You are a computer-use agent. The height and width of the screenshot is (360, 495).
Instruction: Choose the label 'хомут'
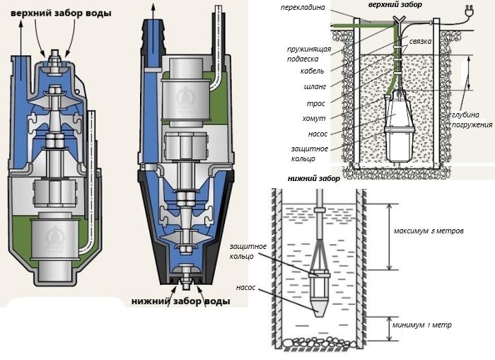click(315, 118)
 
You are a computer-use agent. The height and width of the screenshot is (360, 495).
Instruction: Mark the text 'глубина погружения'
click(472, 120)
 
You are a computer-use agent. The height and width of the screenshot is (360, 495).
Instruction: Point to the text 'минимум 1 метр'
click(422, 325)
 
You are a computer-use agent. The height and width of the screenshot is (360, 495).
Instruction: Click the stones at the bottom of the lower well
click(320, 343)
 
